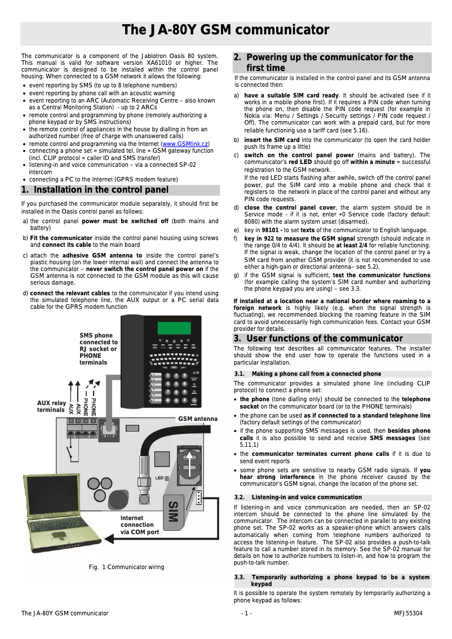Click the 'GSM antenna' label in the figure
coord(198,419)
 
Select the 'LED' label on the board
coord(160,478)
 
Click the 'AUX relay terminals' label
coord(51,406)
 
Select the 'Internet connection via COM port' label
coord(140,524)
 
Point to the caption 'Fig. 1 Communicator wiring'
coord(126,567)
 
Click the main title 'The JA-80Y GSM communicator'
coord(225,30)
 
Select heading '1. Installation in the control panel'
coord(95,190)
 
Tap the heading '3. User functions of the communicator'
coord(318,339)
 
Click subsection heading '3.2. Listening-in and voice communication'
coord(307,497)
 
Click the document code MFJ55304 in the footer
coord(408,613)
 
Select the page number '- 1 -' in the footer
coord(246,613)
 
